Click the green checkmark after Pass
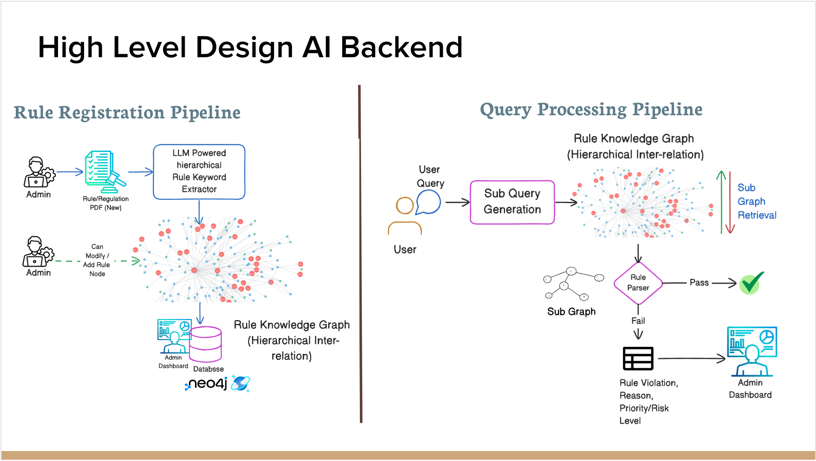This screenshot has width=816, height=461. tap(751, 283)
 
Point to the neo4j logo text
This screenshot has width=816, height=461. tap(206, 384)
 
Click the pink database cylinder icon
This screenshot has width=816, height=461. tap(205, 344)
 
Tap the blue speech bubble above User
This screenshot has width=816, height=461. tap(428, 202)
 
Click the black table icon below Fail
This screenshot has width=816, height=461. tap(638, 358)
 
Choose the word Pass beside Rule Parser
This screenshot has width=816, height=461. tap(699, 283)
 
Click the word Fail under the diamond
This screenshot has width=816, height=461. tap(638, 321)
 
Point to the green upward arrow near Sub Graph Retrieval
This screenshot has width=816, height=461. tap(721, 202)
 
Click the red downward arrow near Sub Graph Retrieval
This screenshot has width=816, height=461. tap(730, 202)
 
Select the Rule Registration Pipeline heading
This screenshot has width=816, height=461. tap(127, 112)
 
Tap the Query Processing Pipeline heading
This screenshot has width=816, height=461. tap(591, 110)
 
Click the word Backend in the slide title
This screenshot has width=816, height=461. tap(401, 47)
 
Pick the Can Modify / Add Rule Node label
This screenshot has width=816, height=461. tap(97, 260)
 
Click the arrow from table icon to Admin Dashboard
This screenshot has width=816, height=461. tap(692, 358)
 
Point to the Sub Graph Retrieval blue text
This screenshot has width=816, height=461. tap(757, 201)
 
